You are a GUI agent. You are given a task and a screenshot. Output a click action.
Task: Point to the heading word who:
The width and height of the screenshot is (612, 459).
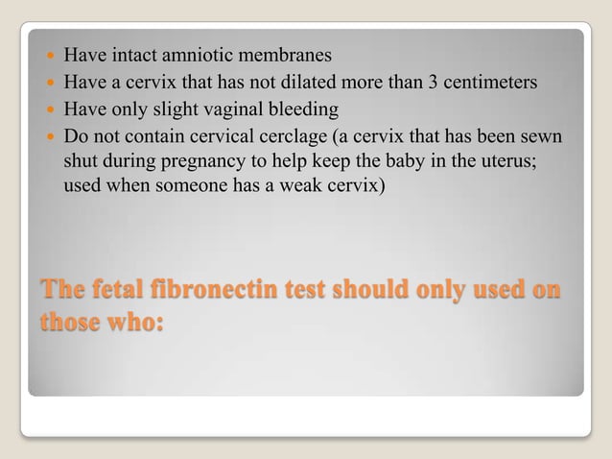coord(132,321)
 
